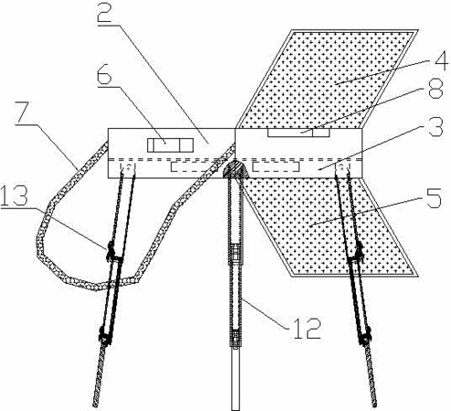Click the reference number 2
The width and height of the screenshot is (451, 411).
point(104,13)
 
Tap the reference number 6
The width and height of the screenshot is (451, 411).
point(104,74)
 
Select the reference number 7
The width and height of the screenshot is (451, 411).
point(25,112)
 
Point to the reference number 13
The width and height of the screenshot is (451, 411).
point(14,195)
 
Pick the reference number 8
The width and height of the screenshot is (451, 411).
point(435,89)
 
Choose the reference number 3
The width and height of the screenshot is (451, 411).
point(435,126)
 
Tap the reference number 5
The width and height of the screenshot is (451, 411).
point(434,198)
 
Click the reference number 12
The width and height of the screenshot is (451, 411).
point(306,329)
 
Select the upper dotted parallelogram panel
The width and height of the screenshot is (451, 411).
point(327,79)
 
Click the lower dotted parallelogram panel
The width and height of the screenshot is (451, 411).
point(329,227)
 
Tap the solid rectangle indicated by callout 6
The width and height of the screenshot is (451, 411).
point(171,145)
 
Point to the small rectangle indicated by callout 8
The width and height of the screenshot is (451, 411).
point(299,132)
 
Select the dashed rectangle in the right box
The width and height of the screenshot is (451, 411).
point(276,166)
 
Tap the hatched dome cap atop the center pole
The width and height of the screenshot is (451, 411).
point(236,168)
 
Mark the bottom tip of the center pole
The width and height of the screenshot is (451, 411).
point(236,410)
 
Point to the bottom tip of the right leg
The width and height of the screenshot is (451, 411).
point(375,406)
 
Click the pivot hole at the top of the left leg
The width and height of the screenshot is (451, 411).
point(129,166)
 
